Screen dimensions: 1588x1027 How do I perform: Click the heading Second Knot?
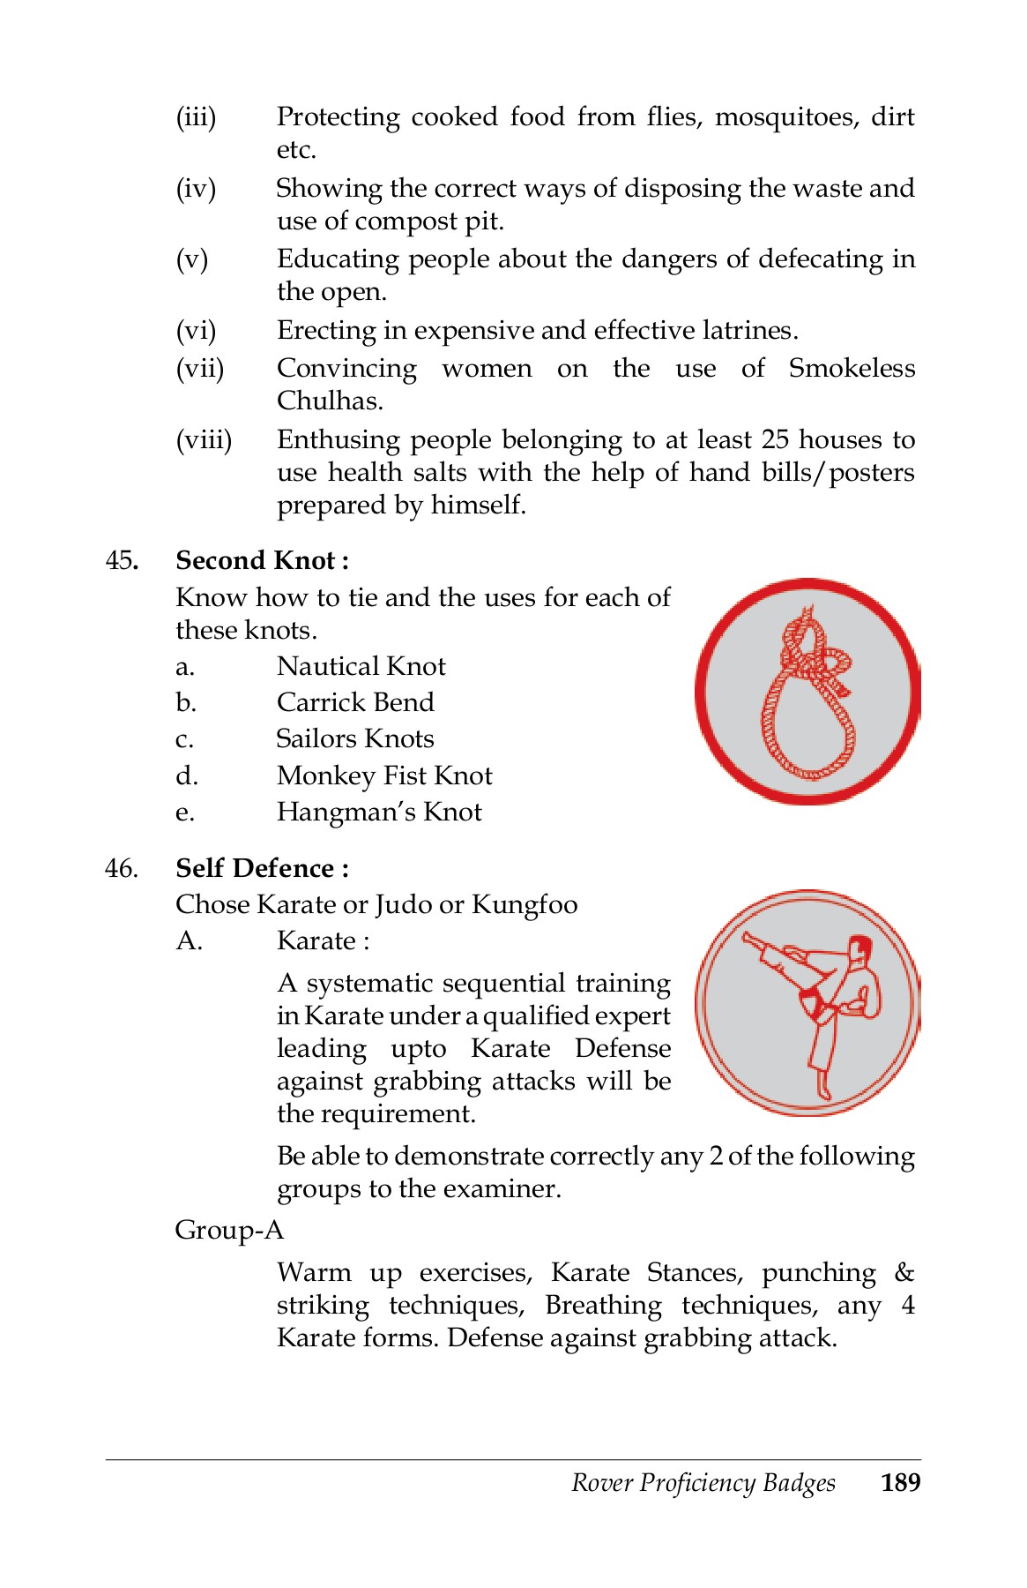click(x=261, y=560)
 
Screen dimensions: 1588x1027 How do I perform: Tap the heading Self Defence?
click(x=261, y=868)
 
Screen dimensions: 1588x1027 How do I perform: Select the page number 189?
click(x=900, y=1482)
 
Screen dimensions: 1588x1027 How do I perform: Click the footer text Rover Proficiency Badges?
click(x=703, y=1482)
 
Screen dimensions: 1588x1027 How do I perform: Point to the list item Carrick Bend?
click(x=355, y=702)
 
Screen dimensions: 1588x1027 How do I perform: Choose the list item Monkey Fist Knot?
click(x=384, y=775)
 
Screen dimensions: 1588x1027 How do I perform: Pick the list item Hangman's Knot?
click(x=379, y=812)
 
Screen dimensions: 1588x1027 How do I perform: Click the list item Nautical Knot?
click(x=361, y=666)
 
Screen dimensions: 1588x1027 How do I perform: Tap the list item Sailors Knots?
click(x=355, y=738)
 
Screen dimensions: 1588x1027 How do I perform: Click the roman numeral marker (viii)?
click(x=204, y=439)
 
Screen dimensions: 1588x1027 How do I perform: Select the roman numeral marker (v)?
click(x=192, y=259)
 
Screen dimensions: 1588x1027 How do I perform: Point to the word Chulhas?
click(x=330, y=401)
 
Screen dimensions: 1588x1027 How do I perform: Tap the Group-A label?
click(x=229, y=1229)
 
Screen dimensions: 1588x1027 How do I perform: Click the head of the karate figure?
click(x=859, y=949)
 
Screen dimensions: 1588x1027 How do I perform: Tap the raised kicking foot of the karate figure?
click(x=751, y=940)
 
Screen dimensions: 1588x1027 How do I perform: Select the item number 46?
click(x=121, y=869)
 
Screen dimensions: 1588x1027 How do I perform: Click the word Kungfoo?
click(x=525, y=905)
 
